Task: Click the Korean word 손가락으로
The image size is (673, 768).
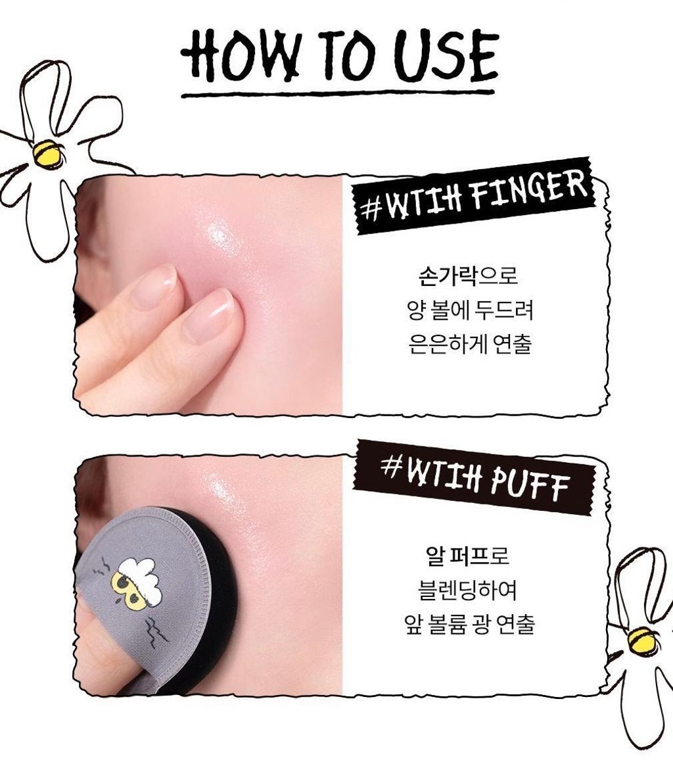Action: click(469, 276)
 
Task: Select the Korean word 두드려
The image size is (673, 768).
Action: click(503, 310)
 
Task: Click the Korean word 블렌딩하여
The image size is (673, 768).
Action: click(469, 590)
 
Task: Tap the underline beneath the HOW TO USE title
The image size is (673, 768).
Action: click(338, 93)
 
